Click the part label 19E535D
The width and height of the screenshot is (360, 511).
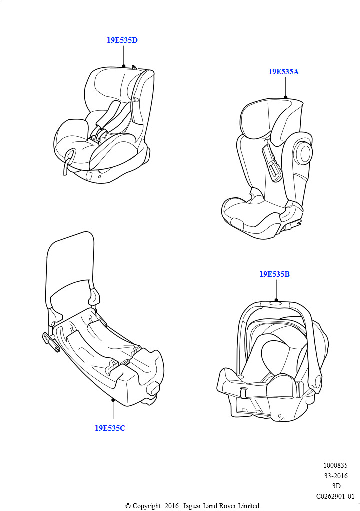(x=122, y=40)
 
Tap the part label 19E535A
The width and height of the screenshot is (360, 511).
(x=283, y=72)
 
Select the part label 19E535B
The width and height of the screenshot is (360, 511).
(x=274, y=274)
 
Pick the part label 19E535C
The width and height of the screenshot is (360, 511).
(x=110, y=428)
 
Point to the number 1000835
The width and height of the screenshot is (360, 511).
(x=335, y=466)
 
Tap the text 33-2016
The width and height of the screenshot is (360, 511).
(x=336, y=476)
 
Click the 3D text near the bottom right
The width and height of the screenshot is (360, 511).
(x=336, y=486)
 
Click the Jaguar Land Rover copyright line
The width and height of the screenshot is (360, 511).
(x=193, y=506)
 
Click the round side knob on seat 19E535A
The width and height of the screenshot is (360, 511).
(x=305, y=153)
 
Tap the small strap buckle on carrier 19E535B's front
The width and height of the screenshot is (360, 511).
(x=243, y=393)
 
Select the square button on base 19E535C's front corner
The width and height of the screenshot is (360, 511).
(x=153, y=389)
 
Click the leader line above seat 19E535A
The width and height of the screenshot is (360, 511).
(x=285, y=87)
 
